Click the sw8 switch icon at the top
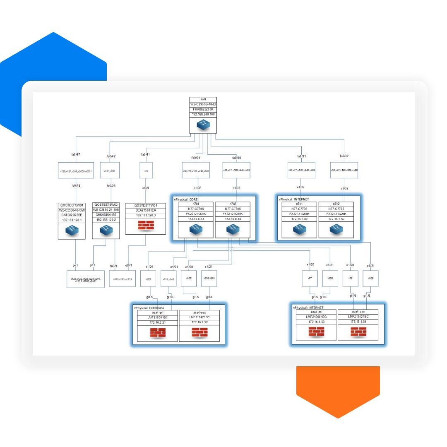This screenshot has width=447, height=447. click(x=203, y=125)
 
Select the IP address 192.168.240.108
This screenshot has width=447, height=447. click(x=203, y=114)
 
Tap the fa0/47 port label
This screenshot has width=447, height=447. click(x=76, y=155)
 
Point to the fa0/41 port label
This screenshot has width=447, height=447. click(x=145, y=155)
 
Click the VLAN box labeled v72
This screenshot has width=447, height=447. click(x=146, y=170)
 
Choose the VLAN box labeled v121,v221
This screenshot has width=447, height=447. click(x=110, y=170)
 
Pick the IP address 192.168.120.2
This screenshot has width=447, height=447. click(x=106, y=220)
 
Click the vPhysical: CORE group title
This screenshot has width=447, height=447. click(x=187, y=199)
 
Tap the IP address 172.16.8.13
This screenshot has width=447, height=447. click(x=196, y=219)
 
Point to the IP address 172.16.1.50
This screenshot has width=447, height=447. click(x=336, y=219)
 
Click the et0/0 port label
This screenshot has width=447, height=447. click(x=145, y=188)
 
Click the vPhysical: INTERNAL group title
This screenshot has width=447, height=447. click(x=149, y=308)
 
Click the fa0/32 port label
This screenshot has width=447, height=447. click(x=344, y=156)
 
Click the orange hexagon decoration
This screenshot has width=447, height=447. click(x=338, y=389)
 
